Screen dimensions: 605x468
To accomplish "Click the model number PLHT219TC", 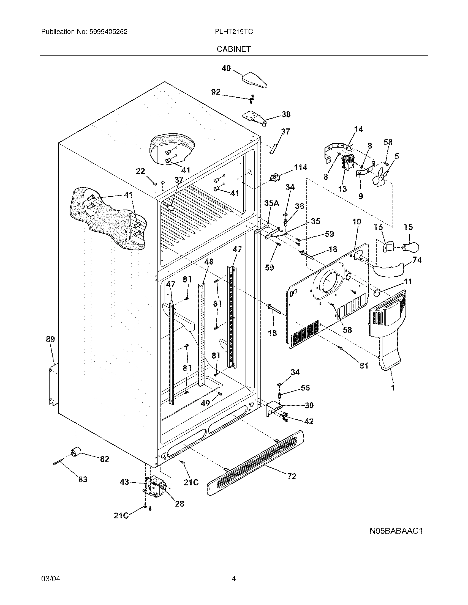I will [234, 32].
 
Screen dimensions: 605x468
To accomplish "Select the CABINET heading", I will [234, 49].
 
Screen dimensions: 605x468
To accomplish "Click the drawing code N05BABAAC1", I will [396, 531].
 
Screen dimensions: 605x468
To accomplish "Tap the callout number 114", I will [301, 167].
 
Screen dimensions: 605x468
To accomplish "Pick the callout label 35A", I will [272, 203].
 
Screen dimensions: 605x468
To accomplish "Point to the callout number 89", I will [50, 339].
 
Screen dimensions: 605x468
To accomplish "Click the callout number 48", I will [209, 262].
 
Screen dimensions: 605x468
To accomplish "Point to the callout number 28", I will [180, 504].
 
